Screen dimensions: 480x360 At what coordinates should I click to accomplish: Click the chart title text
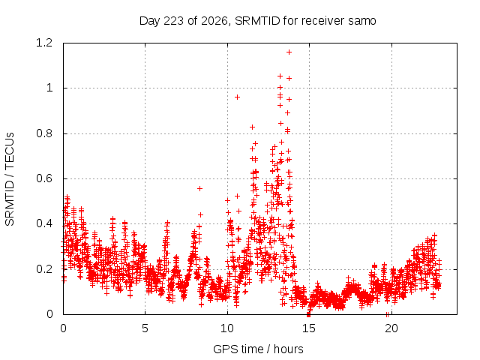pos(257,21)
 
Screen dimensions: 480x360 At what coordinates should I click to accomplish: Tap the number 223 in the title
pos(173,21)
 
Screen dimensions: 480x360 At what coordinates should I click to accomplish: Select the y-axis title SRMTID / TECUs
pos(10,179)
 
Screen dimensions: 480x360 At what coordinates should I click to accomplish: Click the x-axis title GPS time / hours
pos(258,349)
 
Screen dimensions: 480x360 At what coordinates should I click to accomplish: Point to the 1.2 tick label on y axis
pos(44,43)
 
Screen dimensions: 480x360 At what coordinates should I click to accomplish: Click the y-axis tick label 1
pos(49,88)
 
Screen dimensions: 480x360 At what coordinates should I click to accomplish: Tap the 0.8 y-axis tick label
pos(44,133)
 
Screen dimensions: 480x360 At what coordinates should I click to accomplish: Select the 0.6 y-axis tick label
pos(44,178)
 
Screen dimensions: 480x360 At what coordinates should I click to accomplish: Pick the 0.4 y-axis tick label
pos(44,223)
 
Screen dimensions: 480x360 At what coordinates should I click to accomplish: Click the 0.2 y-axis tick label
pos(44,269)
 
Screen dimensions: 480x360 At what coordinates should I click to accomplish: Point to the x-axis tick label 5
pos(145,328)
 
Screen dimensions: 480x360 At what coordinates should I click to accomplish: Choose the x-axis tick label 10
pos(227,328)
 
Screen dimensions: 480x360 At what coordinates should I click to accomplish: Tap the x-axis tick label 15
pos(309,328)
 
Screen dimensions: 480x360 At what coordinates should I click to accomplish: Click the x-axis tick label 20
pos(391,328)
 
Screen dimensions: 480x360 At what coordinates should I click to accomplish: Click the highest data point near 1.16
pos(289,52)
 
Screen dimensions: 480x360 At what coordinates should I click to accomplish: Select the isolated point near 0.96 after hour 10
pos(237,97)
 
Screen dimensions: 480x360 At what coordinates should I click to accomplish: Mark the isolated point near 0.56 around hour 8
pos(199,188)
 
